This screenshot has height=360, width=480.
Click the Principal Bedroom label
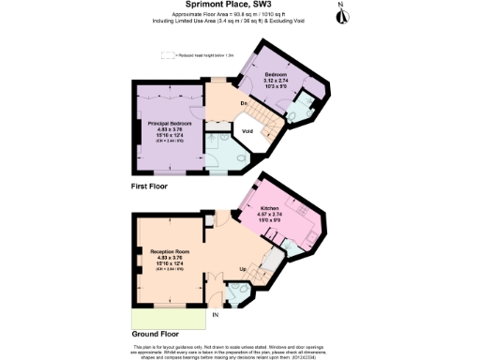click(x=170, y=123)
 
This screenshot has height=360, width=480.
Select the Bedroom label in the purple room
click(x=275, y=74)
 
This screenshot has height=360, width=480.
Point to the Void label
click(x=248, y=132)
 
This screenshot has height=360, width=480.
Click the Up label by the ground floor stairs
click(x=246, y=269)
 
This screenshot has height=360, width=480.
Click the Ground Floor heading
click(x=157, y=333)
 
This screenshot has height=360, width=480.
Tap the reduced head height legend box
click(x=170, y=56)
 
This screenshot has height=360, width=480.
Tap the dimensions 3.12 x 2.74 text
click(x=275, y=81)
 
